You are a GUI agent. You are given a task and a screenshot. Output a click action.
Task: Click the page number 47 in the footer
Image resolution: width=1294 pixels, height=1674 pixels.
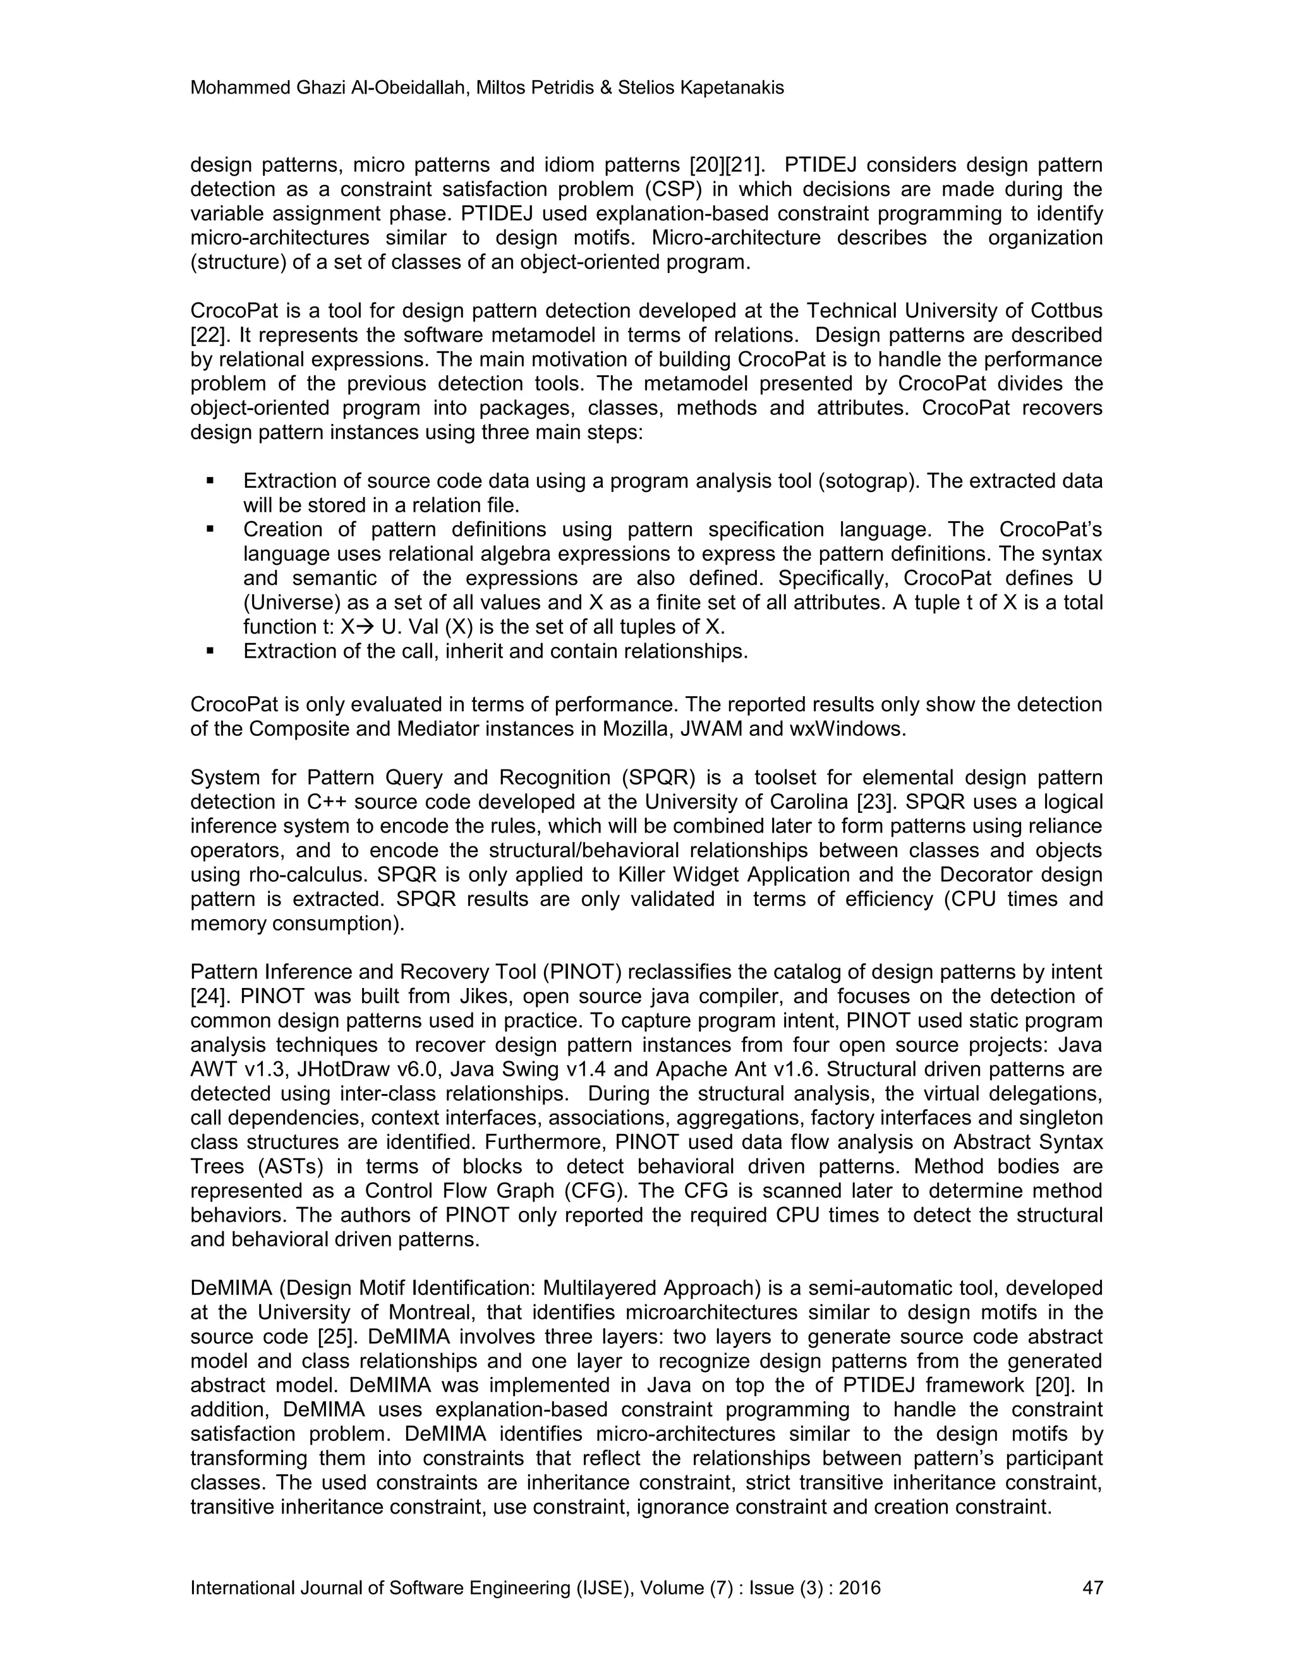(x=1092, y=1587)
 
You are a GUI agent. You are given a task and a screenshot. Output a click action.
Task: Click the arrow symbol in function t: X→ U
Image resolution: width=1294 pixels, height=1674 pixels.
(x=365, y=627)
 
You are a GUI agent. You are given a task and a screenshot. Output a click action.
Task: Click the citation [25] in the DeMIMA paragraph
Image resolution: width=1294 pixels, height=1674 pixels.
(x=335, y=1337)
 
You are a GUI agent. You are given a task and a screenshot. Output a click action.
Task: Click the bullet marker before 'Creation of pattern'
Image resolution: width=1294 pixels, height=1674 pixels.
(x=209, y=529)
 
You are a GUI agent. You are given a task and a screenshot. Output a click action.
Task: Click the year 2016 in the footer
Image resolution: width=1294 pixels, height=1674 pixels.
(x=859, y=1587)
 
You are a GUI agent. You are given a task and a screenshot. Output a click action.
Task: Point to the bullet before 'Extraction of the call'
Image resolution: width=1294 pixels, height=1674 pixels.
(x=209, y=651)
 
